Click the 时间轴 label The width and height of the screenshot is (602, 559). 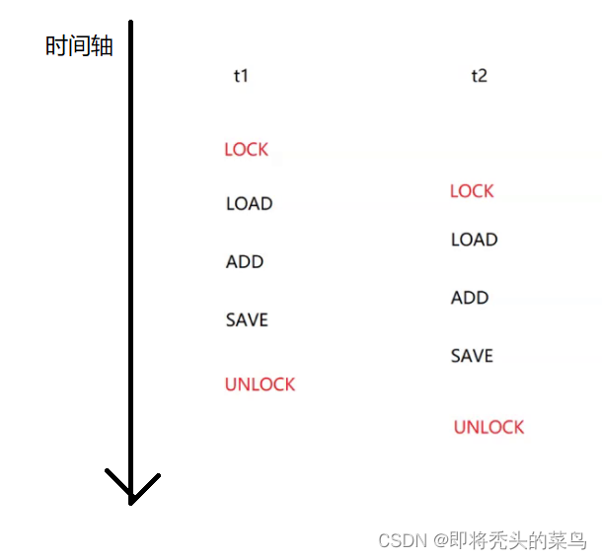pos(79,45)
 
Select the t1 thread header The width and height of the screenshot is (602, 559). pos(241,75)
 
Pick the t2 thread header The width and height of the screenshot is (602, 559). pos(479,75)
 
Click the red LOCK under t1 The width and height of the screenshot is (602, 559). pos(246,149)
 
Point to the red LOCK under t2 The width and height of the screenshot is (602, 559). pos(472,190)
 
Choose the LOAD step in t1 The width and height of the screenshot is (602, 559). pos(249,204)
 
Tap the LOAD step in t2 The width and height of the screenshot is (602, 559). pos(474,240)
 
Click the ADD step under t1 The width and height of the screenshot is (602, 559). pos(245,261)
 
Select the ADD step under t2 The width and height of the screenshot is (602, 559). pos(470,298)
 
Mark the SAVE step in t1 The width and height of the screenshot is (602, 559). pos(247,319)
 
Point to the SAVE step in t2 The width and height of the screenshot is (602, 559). pos(472,356)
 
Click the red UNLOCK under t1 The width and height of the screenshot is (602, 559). pos(260,384)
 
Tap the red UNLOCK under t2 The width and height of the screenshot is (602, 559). pos(489,427)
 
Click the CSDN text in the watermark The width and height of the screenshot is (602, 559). pos(402,540)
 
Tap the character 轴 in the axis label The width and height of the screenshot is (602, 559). pos(102,45)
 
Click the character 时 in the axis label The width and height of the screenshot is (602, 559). pos(56,45)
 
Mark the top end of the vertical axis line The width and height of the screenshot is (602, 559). pos(131,22)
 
